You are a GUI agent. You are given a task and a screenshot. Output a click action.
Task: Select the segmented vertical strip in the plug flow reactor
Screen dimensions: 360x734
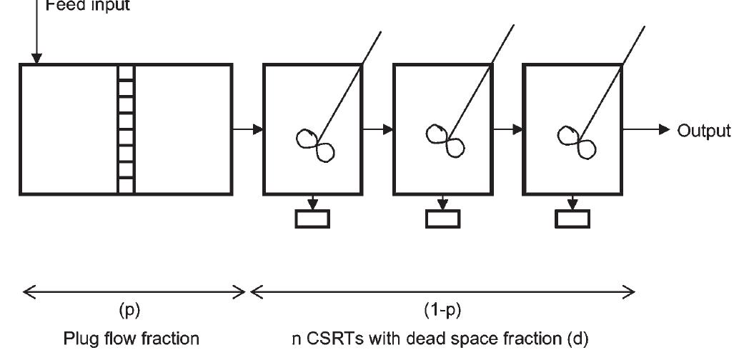point(126,129)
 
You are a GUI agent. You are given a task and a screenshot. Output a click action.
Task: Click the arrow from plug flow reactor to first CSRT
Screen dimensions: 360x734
point(247,129)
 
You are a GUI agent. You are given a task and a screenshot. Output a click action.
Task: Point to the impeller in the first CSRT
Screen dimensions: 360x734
point(315,142)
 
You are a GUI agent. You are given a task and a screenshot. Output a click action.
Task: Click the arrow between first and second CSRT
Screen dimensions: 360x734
point(378,129)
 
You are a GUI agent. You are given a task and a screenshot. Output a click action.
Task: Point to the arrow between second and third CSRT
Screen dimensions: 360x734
point(508,129)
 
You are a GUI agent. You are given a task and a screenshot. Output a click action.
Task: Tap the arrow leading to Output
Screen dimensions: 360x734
point(647,129)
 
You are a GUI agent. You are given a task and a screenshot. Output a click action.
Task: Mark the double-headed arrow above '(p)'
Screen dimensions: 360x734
point(134,291)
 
